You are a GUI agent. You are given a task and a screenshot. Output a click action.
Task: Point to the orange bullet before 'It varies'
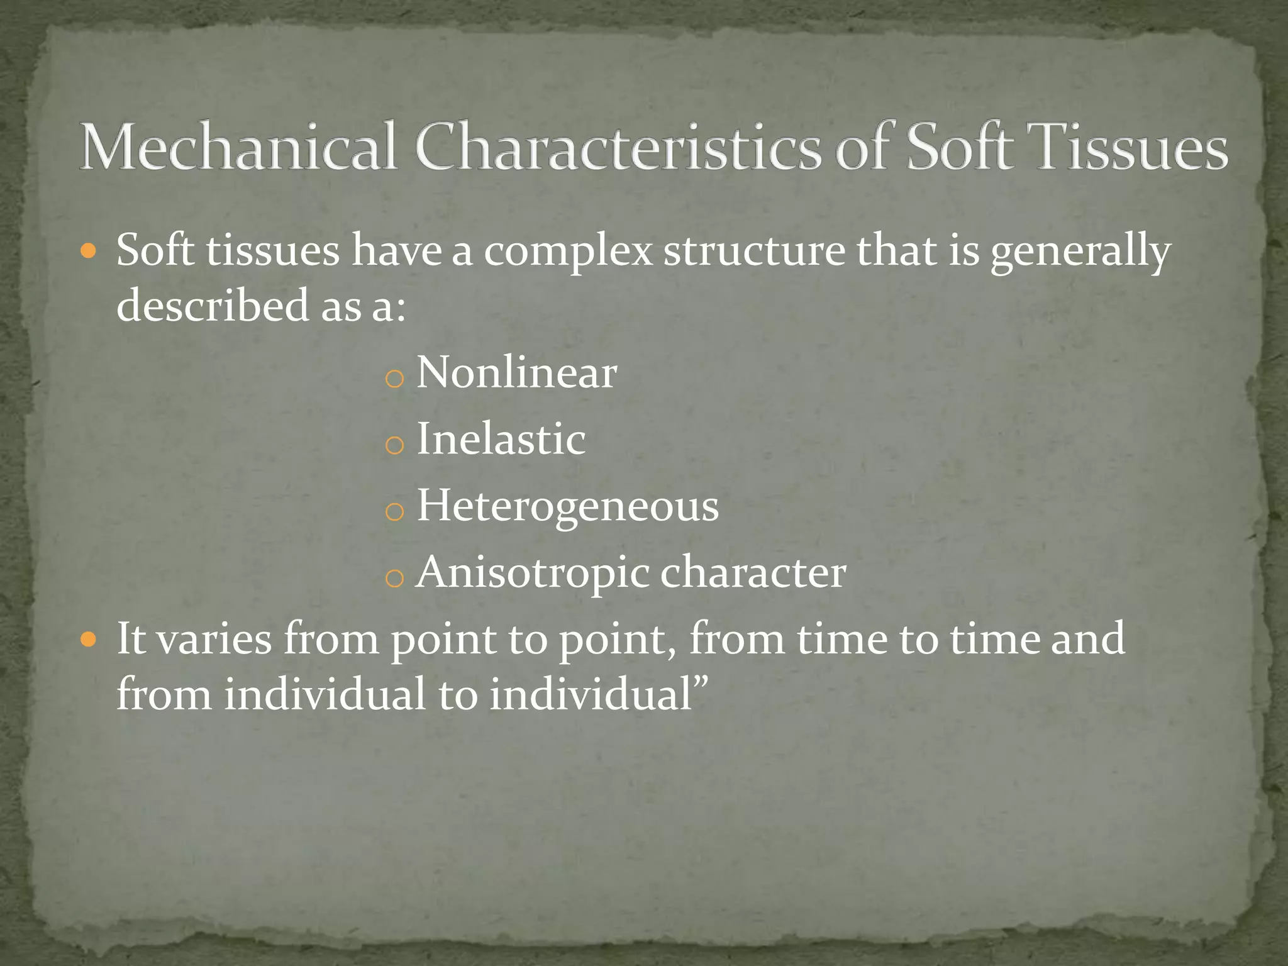click(89, 640)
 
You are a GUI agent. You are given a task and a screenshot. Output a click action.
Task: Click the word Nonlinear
click(516, 372)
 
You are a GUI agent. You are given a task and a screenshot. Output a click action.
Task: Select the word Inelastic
click(501, 439)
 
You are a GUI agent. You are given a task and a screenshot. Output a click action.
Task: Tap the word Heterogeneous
click(567, 506)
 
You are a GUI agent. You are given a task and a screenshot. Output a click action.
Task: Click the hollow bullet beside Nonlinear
click(394, 379)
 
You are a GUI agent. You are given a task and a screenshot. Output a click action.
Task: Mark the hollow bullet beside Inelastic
click(394, 445)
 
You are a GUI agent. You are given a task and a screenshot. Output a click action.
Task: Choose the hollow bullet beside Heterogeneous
click(394, 512)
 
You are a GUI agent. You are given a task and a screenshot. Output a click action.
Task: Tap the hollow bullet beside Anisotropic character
click(394, 579)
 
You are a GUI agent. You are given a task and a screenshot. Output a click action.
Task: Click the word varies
click(214, 639)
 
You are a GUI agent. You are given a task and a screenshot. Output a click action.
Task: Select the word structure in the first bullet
click(755, 250)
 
